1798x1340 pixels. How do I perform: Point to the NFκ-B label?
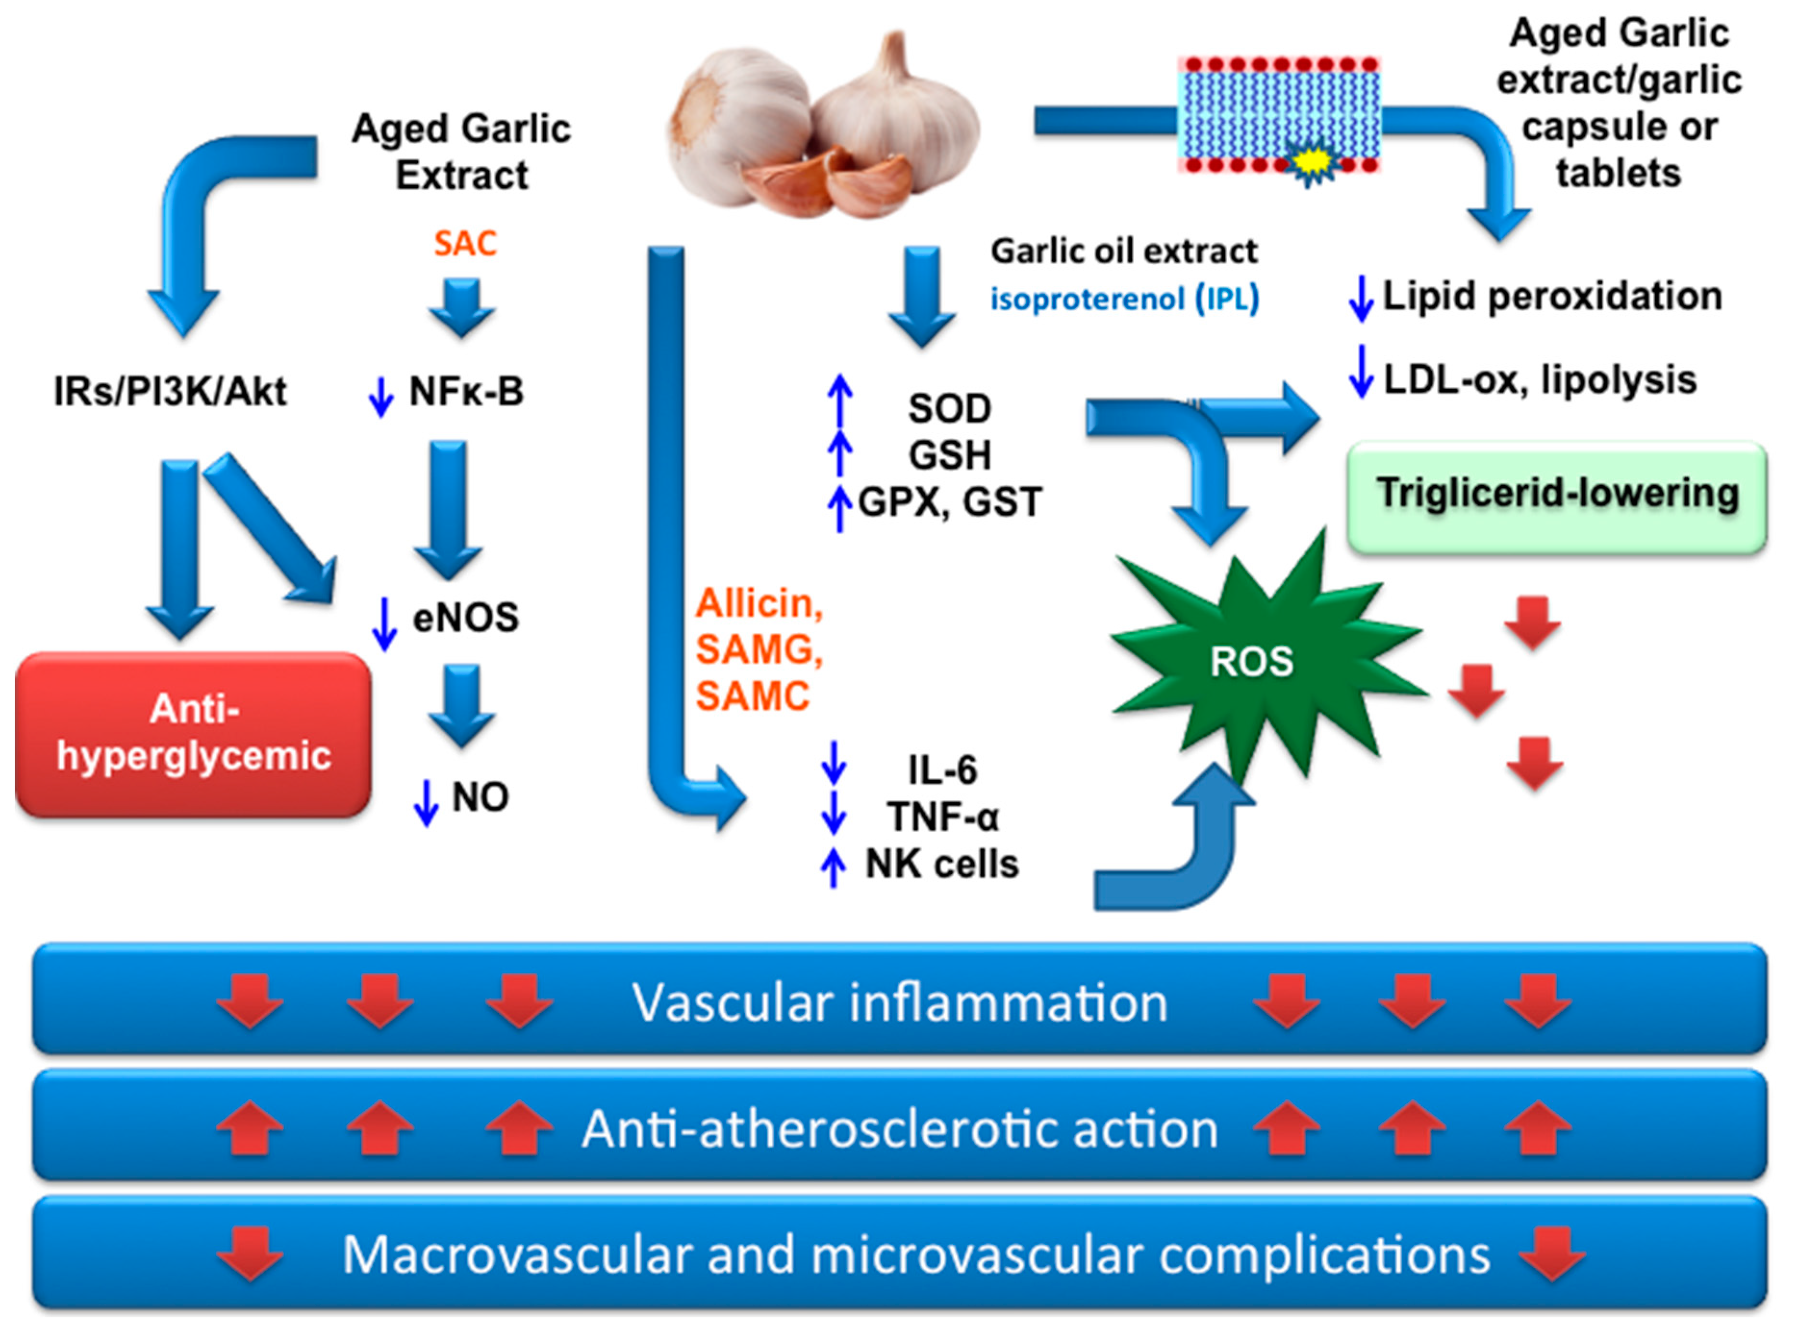(466, 392)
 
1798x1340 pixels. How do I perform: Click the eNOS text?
(466, 618)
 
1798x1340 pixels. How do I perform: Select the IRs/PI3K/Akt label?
(170, 392)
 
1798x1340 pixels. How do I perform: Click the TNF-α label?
(943, 817)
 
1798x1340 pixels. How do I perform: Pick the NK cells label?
(941, 864)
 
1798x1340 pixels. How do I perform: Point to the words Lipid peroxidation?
(1551, 296)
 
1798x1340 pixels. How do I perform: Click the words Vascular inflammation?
(899, 1002)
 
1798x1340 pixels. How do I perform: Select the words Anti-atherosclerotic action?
(899, 1129)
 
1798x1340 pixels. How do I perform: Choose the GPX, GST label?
(950, 502)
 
